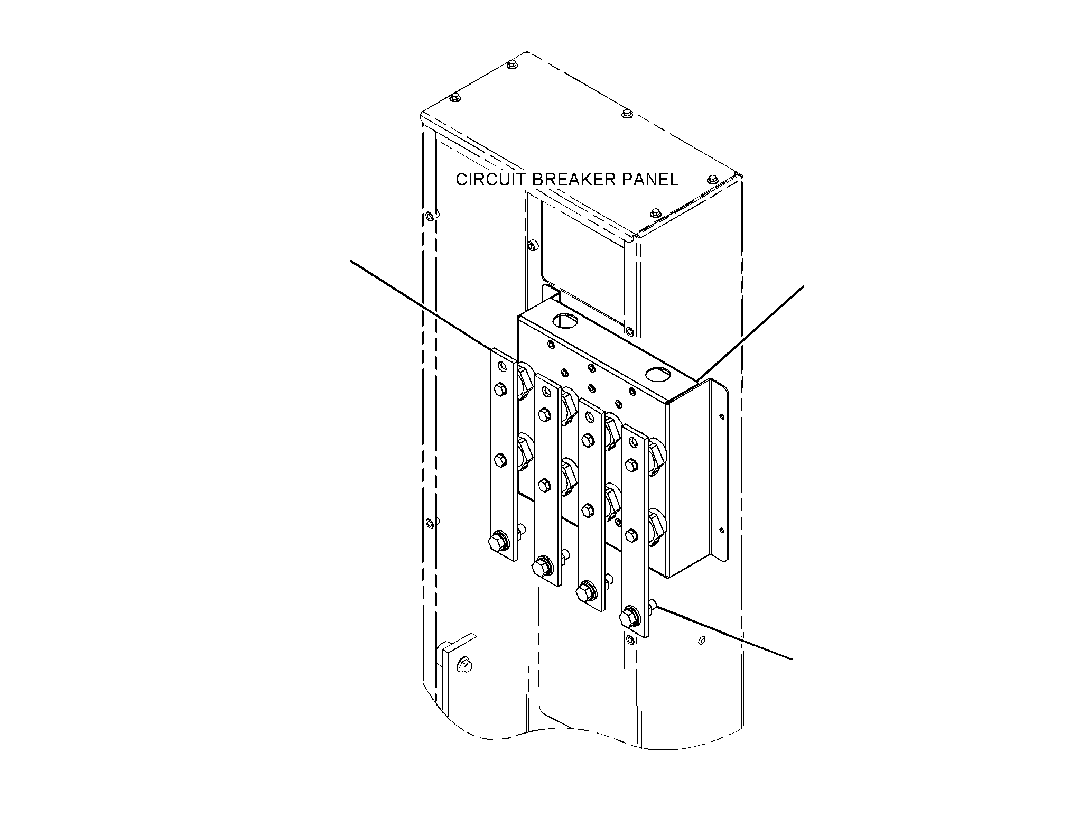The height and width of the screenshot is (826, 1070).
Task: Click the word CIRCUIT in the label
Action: click(491, 180)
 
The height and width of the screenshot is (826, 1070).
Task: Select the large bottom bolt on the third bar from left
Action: click(587, 590)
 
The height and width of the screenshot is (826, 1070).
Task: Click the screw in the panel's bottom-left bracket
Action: click(464, 664)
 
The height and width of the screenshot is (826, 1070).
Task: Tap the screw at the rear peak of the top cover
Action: click(513, 64)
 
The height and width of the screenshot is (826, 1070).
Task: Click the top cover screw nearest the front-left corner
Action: click(454, 98)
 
